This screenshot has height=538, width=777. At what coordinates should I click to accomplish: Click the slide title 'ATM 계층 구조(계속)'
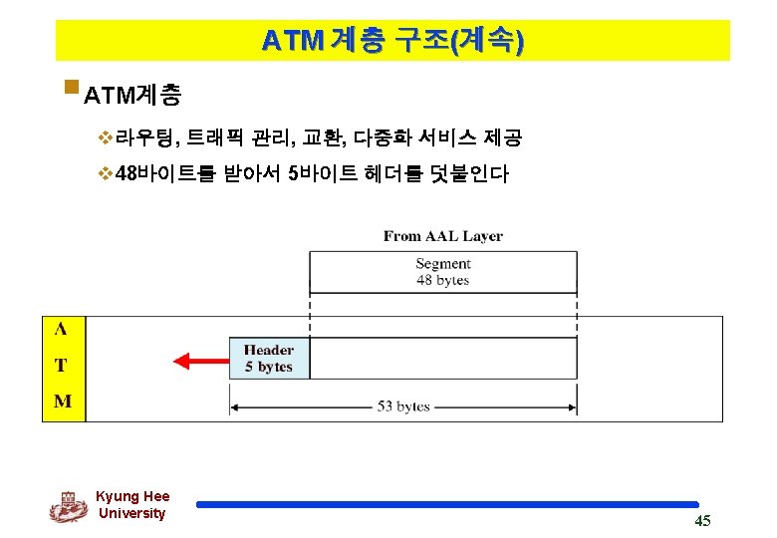(x=392, y=41)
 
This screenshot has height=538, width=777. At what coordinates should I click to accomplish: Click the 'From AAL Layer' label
(x=442, y=236)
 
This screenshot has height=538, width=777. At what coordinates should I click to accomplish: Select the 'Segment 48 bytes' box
(x=442, y=271)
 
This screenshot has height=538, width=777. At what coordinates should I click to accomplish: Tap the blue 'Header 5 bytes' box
(x=269, y=359)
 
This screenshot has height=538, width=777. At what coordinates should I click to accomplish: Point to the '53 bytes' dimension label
(x=403, y=406)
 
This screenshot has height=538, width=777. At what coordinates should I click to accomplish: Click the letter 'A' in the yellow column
(x=62, y=330)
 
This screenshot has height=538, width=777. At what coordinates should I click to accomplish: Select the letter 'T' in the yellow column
(x=62, y=366)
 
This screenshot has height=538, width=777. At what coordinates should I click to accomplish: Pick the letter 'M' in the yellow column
(x=62, y=402)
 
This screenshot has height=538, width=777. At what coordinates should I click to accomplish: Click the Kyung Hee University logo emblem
(x=69, y=506)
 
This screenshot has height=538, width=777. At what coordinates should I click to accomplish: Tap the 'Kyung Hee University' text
(x=132, y=505)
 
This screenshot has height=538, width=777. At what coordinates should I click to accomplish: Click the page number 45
(x=702, y=521)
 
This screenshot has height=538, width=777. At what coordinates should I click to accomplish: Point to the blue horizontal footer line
(x=447, y=504)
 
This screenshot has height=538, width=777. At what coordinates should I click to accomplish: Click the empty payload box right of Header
(x=442, y=359)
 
